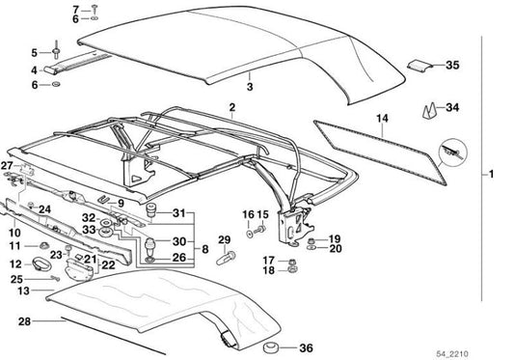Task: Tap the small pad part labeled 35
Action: (x=419, y=66)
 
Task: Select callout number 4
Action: (x=34, y=69)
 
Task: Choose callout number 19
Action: (x=335, y=237)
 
